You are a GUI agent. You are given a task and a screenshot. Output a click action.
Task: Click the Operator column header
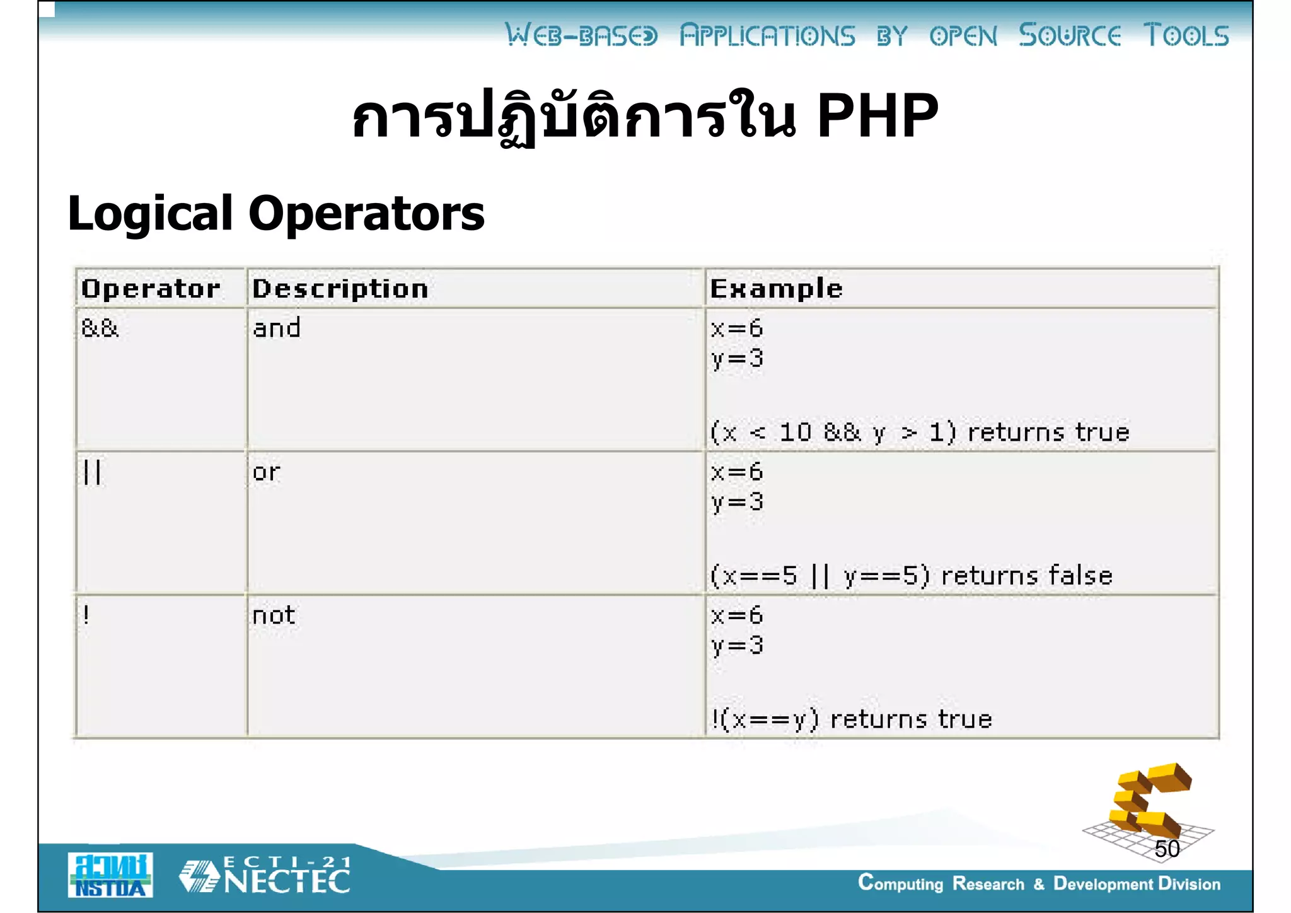coord(151,289)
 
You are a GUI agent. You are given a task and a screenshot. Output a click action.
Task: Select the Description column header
coord(340,289)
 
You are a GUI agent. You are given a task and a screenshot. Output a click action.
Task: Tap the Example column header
coord(776,289)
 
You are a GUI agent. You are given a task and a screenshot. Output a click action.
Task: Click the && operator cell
coord(100,329)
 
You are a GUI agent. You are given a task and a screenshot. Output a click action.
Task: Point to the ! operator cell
coord(86,614)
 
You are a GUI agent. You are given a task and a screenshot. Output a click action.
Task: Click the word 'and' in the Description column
coord(276,329)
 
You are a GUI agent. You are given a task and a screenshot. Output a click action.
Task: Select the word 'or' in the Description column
coord(266,472)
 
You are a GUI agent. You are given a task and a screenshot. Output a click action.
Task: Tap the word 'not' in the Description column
coord(273,615)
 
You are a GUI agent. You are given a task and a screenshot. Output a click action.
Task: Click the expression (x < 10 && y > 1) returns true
coord(919,433)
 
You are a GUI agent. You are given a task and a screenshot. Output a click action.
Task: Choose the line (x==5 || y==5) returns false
coord(911,576)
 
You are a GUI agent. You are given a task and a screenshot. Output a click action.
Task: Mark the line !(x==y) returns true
coord(852,719)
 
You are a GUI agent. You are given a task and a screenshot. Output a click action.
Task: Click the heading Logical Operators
coord(275,213)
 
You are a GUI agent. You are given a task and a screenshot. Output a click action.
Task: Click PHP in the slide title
coord(877,116)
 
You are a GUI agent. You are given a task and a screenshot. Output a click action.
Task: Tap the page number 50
coord(1167,849)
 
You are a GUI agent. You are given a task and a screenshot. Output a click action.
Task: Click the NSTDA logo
coord(110,875)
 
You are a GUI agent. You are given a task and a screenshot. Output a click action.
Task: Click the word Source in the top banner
coord(1070,35)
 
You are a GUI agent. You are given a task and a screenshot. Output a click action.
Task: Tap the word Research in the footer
coord(988,884)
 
